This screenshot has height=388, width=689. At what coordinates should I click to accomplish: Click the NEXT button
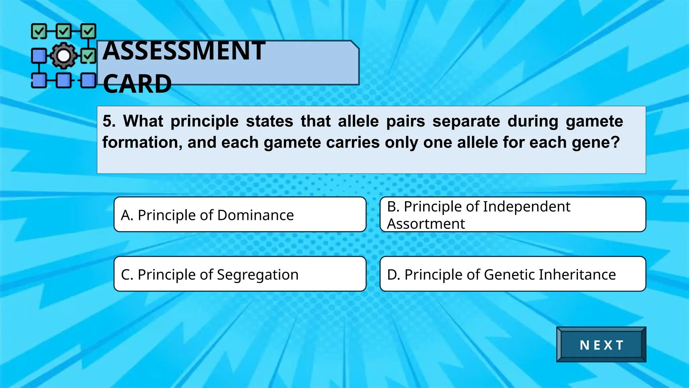(601, 345)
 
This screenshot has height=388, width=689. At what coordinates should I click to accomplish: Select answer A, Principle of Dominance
(240, 215)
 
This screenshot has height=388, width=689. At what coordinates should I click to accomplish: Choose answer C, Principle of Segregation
(240, 274)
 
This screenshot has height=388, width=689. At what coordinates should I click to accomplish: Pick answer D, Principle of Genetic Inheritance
(513, 274)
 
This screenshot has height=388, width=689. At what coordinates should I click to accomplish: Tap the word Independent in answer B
(527, 206)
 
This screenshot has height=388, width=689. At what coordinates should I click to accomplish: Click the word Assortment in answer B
(426, 224)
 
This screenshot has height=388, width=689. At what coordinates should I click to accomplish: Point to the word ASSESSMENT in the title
(184, 51)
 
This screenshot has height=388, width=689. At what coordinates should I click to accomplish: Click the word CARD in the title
(137, 84)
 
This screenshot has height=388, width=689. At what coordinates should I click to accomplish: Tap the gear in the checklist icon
(63, 56)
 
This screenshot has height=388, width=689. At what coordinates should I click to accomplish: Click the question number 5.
(108, 121)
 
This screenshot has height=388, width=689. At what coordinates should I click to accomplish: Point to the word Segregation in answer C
(258, 275)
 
